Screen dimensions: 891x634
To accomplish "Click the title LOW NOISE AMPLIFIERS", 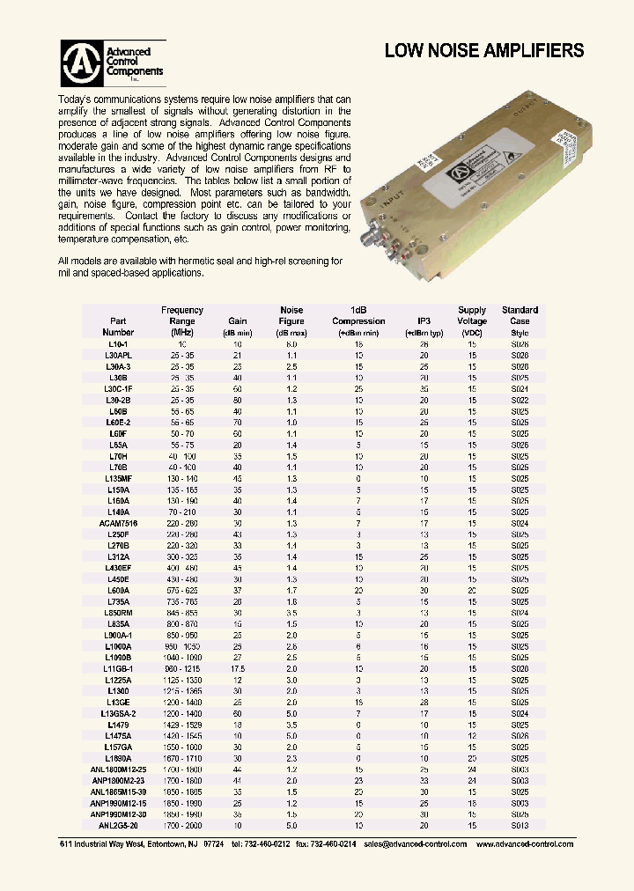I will pyautogui.click(x=483, y=51).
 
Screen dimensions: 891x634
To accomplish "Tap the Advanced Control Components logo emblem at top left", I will pyautogui.click(x=81, y=63).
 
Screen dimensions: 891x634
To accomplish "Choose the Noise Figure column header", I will pyautogui.click(x=291, y=320).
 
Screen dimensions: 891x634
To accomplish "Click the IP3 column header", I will pyautogui.click(x=422, y=321).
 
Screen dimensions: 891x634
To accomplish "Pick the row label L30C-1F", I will pyautogui.click(x=119, y=388).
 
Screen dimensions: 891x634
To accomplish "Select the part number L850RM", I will pyautogui.click(x=119, y=612).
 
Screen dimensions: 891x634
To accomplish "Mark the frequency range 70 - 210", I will pyautogui.click(x=182, y=512).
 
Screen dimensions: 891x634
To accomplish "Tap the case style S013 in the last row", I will pyautogui.click(x=520, y=825).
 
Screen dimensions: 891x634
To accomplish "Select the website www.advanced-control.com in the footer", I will pyautogui.click(x=525, y=844).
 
